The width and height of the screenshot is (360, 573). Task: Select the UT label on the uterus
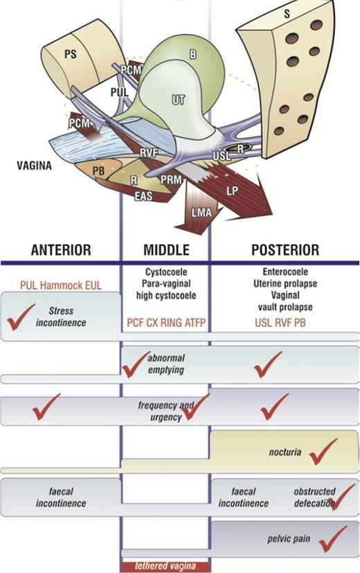tap(177, 101)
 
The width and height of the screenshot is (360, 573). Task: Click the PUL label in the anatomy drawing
tap(119, 90)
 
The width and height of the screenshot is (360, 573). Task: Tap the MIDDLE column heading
tap(165, 250)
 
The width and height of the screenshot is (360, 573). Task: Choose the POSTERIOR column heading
tap(283, 250)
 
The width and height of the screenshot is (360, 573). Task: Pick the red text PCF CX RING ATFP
tap(165, 321)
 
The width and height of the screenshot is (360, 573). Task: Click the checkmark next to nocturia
tap(324, 450)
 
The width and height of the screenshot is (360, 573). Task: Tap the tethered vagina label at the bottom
tap(165, 565)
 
